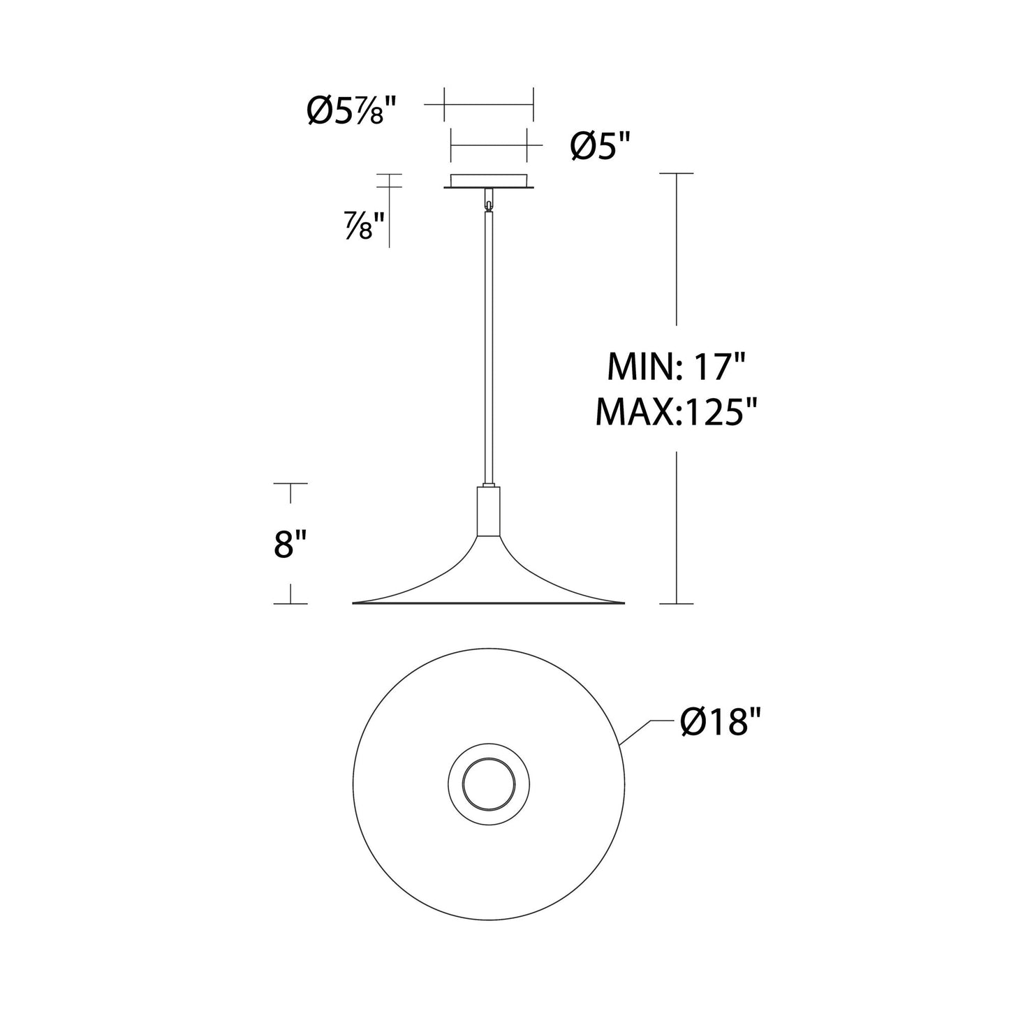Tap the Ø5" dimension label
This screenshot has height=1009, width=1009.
pyautogui.click(x=600, y=147)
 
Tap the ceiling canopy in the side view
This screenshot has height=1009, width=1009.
pyautogui.click(x=489, y=181)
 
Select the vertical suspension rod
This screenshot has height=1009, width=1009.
pyautogui.click(x=489, y=349)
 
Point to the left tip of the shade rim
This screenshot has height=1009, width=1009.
pyautogui.click(x=355, y=602)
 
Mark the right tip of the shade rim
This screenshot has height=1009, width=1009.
pyautogui.click(x=623, y=602)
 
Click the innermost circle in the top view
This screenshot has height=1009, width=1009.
pyautogui.click(x=489, y=781)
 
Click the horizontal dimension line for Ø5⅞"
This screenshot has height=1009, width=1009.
pyautogui.click(x=489, y=105)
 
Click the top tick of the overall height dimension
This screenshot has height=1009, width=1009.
pyautogui.click(x=676, y=172)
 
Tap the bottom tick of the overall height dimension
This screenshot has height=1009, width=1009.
pyautogui.click(x=676, y=603)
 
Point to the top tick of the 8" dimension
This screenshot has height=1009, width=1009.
pyautogui.click(x=290, y=483)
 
